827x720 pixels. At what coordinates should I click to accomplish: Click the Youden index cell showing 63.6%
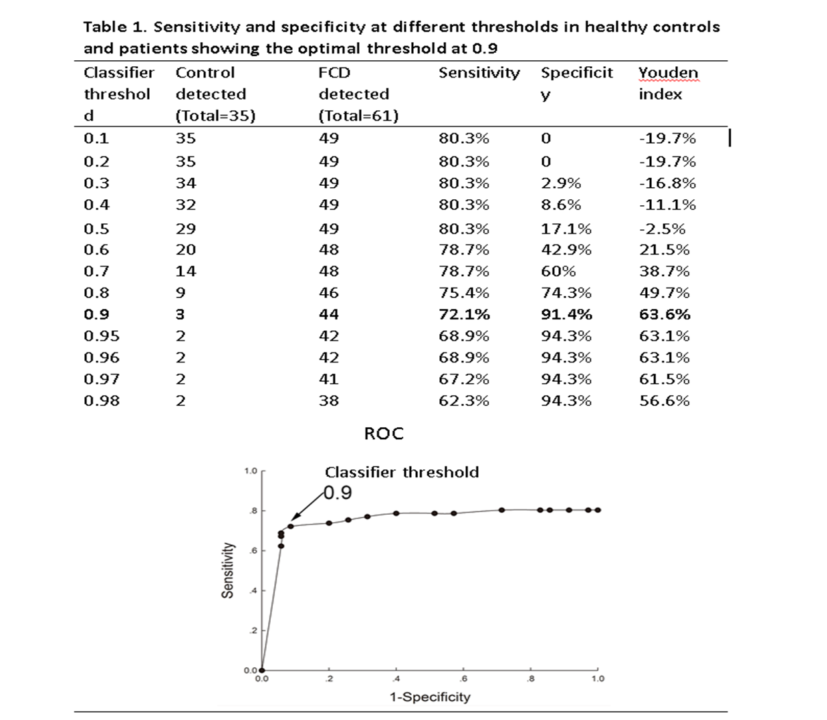[664, 314]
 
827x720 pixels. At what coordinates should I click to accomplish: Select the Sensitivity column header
[479, 73]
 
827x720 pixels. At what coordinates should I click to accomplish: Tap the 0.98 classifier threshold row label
[102, 400]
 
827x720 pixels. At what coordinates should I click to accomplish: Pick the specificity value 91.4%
[566, 314]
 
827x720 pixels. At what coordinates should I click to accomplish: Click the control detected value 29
[186, 229]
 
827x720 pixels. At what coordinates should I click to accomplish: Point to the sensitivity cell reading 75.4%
[463, 293]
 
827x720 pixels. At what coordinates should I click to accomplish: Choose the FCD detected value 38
[329, 400]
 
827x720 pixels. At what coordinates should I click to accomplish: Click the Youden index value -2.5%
[662, 229]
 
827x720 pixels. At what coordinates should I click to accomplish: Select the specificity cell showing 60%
[558, 271]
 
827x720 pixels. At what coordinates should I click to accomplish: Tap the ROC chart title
[384, 434]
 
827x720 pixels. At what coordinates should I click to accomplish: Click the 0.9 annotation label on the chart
[338, 493]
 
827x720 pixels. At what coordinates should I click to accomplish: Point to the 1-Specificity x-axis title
[430, 697]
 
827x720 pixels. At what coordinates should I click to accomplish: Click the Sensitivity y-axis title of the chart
[229, 570]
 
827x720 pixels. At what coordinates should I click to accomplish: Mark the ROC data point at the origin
[261, 670]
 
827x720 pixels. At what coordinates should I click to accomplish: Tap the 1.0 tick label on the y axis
[250, 471]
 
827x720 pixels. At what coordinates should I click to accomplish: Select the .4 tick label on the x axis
[396, 679]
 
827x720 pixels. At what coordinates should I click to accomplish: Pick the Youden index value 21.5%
[664, 250]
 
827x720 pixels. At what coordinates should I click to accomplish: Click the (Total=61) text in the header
[358, 116]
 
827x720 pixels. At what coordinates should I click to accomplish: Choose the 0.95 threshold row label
[102, 336]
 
